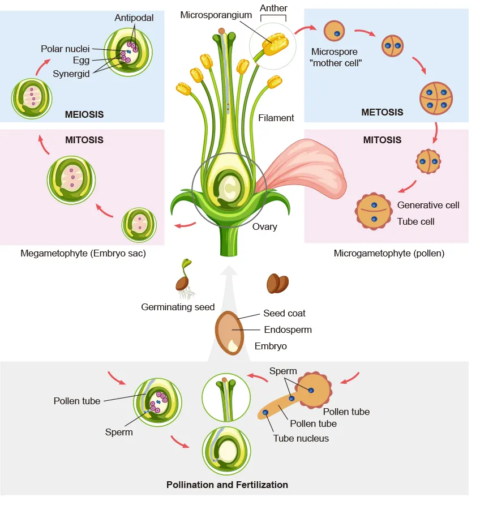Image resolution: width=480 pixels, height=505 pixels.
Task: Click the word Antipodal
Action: click(134, 18)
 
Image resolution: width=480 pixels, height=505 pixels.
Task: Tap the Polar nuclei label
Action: click(66, 49)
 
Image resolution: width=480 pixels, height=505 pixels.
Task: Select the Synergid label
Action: click(71, 73)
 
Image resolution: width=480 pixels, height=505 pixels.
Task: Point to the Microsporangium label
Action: click(216, 15)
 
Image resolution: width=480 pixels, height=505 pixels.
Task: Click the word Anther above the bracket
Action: click(273, 8)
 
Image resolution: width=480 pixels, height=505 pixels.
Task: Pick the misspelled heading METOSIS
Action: click(382, 112)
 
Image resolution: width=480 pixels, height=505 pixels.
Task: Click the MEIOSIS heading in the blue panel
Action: click(84, 114)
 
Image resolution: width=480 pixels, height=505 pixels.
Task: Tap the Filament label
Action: click(276, 118)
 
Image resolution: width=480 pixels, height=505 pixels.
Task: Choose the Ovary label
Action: click(264, 226)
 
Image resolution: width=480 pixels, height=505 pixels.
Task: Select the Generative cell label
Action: click(428, 205)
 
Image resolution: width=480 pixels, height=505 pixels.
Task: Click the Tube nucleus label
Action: click(301, 438)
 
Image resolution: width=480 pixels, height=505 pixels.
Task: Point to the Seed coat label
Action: click(284, 313)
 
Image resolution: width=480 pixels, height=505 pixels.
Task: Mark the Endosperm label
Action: click(288, 329)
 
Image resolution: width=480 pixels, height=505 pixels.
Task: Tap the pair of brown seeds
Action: click(277, 283)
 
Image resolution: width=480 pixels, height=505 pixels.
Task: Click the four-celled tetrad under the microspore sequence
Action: click(436, 97)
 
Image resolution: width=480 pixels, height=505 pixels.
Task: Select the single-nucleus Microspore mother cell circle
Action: click(334, 31)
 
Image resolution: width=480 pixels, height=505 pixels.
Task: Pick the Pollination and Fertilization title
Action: click(227, 485)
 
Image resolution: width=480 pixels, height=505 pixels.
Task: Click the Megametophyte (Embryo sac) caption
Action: click(83, 253)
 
